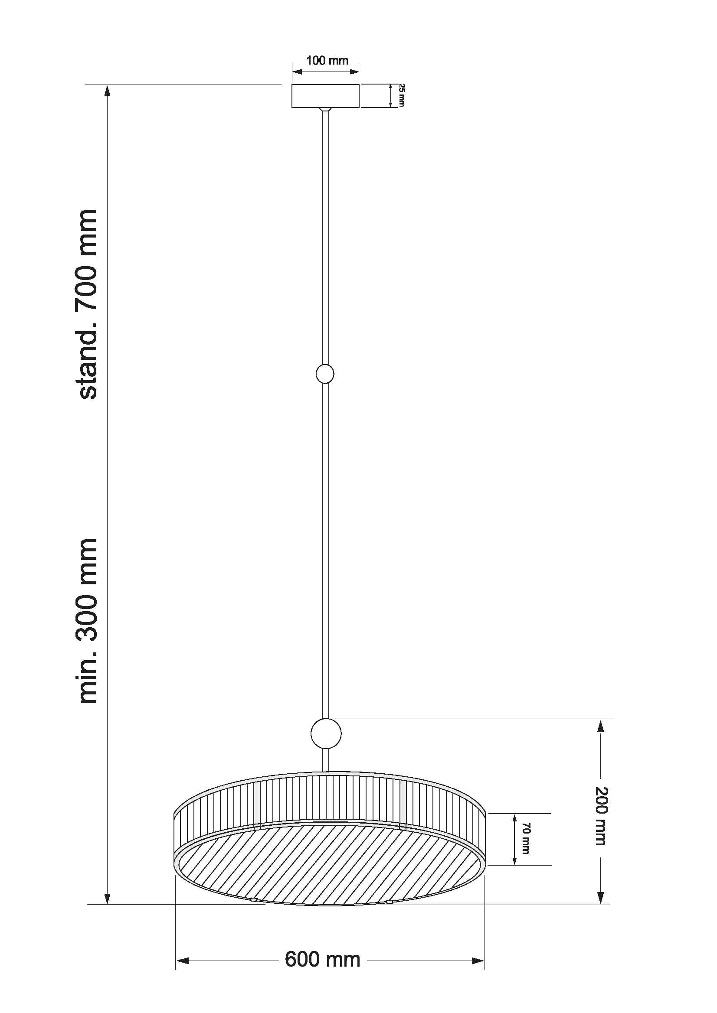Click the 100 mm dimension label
(x=327, y=60)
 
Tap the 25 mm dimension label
(x=401, y=95)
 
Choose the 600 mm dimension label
(x=323, y=960)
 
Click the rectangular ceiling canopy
(x=325, y=96)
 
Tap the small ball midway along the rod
(x=325, y=374)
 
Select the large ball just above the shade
(x=326, y=733)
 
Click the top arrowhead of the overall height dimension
(x=107, y=91)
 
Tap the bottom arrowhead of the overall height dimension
(x=107, y=898)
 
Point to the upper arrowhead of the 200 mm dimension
(x=600, y=726)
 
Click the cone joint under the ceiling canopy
(x=325, y=109)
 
